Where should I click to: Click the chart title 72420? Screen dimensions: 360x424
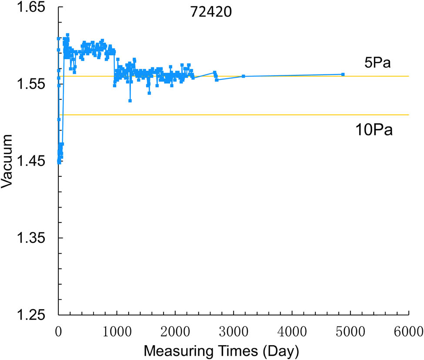click(211, 12)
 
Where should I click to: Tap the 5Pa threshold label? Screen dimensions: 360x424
click(378, 63)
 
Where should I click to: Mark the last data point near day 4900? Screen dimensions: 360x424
click(343, 74)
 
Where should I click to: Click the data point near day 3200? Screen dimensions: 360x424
click(244, 76)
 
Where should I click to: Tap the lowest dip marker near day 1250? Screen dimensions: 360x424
click(130, 101)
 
